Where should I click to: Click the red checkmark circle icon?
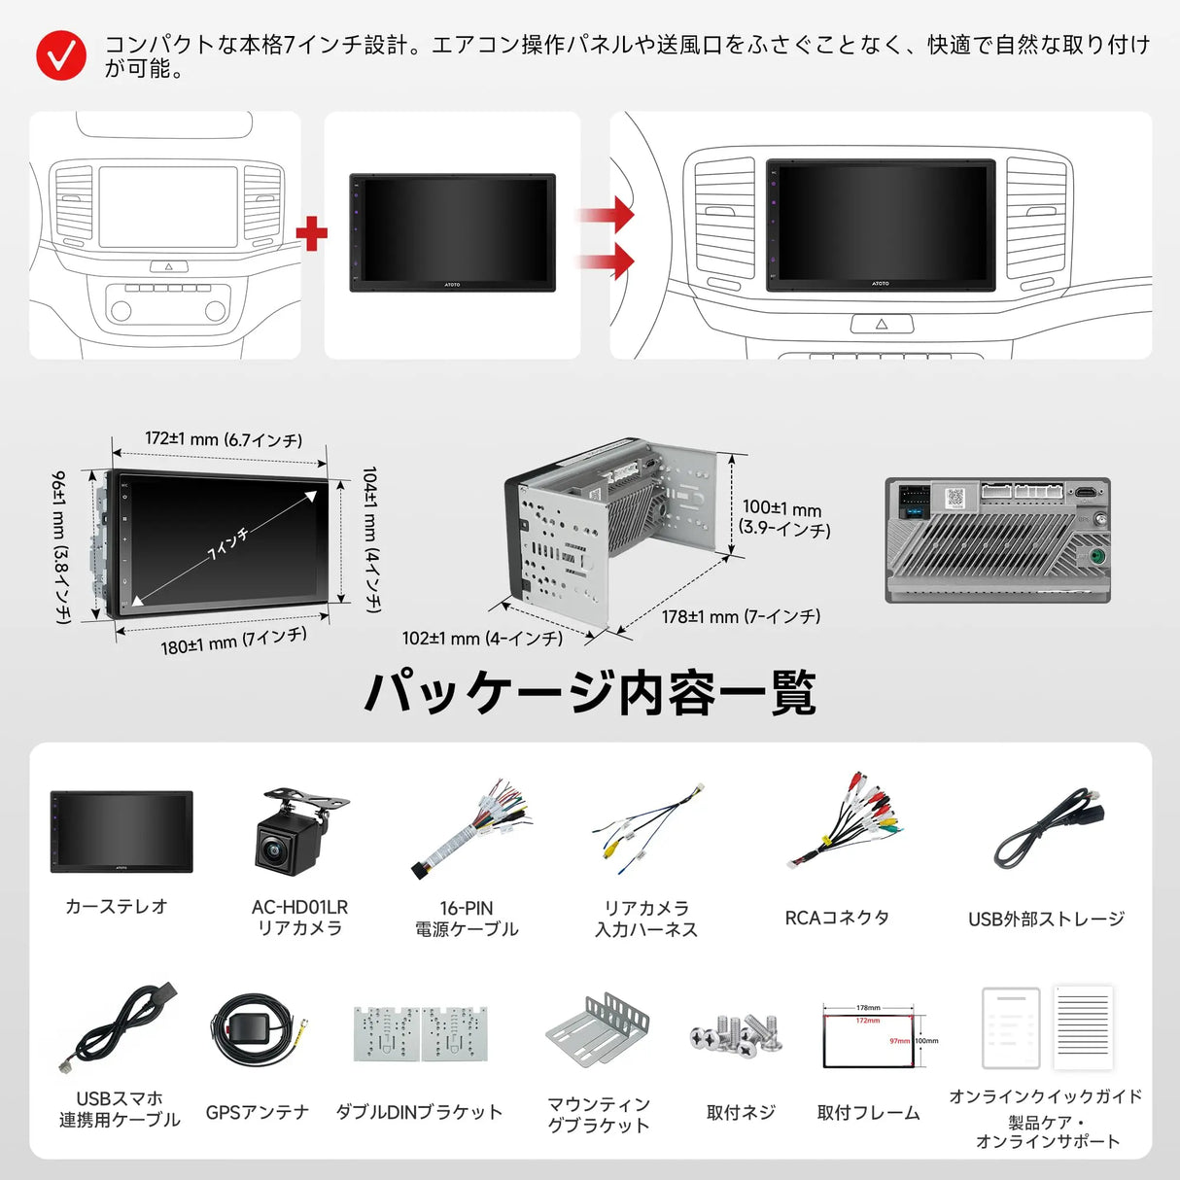click(60, 56)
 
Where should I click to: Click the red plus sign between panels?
click(311, 233)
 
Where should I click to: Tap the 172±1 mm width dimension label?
click(223, 439)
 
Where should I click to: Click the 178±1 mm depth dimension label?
click(741, 616)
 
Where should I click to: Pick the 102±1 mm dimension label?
click(482, 639)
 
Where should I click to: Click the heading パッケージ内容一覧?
click(589, 692)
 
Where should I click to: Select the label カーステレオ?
click(117, 906)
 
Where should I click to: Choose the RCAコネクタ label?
click(837, 918)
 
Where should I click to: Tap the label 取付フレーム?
click(868, 1112)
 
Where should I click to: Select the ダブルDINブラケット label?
click(419, 1112)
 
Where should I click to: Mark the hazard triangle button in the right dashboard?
click(882, 324)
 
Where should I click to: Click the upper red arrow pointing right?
click(609, 215)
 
